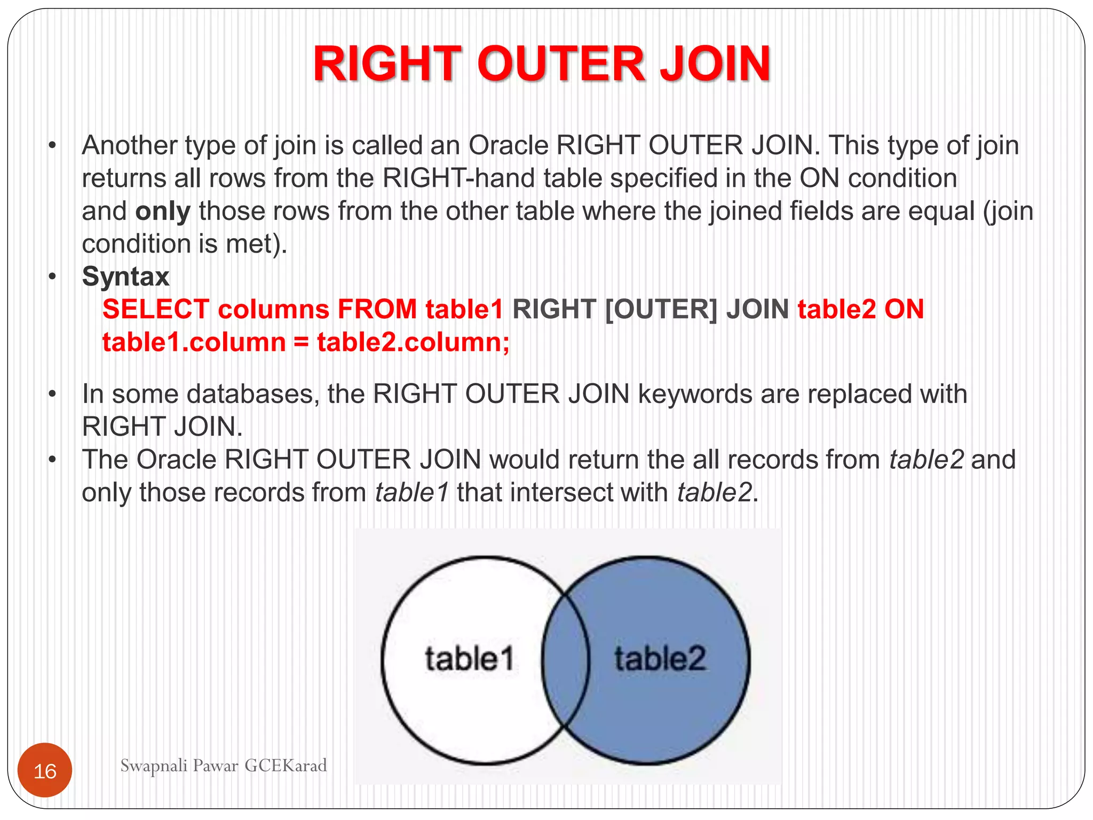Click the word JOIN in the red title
[x=715, y=64]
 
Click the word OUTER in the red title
[x=561, y=64]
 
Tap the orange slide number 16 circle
[x=45, y=770]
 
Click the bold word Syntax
[x=125, y=277]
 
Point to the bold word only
[x=163, y=211]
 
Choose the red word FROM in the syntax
[x=377, y=310]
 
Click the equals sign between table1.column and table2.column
[x=302, y=343]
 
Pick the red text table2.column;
[x=414, y=343]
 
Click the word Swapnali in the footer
[x=154, y=766]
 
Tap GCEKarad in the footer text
[x=286, y=766]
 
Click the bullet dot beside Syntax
[x=52, y=277]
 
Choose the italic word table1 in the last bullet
[x=412, y=492]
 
